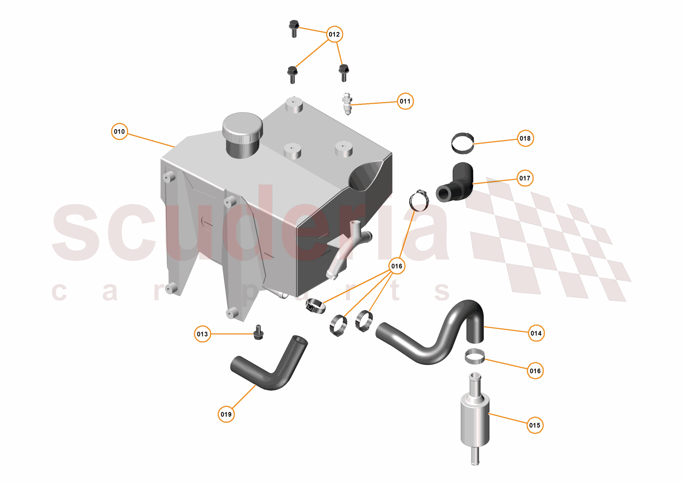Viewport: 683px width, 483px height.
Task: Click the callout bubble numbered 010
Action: pos(119,131)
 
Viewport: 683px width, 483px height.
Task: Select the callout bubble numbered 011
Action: pos(405,101)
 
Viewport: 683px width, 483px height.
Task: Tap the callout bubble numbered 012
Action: pos(334,34)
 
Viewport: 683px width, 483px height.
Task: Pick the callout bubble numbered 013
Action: pos(202,334)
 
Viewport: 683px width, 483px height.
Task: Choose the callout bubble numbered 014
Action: pos(536,333)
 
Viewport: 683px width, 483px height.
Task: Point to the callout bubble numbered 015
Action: pos(535,425)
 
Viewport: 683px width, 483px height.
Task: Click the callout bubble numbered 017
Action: pos(525,178)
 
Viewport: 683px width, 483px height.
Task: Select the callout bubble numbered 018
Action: pos(525,138)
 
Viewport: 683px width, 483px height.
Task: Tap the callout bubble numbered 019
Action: pos(226,414)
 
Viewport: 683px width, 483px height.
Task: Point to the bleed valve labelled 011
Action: pos(347,104)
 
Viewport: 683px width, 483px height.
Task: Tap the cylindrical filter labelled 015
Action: pos(475,419)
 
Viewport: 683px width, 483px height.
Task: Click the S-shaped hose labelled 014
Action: pos(431,348)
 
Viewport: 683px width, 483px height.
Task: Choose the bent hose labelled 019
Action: pos(268,369)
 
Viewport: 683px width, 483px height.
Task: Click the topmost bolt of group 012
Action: pos(294,28)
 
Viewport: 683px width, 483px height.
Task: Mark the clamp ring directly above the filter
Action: pos(475,356)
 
